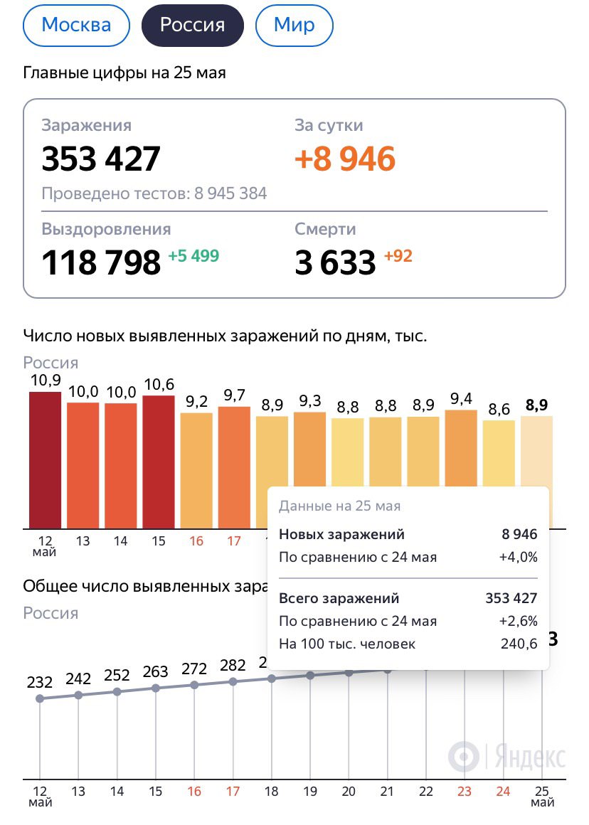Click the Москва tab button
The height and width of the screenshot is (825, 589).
[77, 26]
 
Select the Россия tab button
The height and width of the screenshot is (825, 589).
[193, 26]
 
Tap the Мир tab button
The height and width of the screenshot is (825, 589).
[294, 26]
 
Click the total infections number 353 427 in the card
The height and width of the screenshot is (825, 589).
[101, 159]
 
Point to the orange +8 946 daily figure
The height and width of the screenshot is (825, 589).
[345, 159]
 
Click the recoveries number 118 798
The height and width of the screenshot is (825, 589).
[101, 262]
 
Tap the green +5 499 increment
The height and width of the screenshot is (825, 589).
[193, 256]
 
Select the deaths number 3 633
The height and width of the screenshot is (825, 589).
[335, 262]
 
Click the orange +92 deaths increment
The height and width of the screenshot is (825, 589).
[398, 256]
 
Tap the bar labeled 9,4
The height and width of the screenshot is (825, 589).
[461, 448]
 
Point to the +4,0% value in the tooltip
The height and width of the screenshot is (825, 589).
[519, 557]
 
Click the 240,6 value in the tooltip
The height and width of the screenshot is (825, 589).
[519, 644]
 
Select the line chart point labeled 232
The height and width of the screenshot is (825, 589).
[40, 698]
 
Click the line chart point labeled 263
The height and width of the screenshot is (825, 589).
[156, 688]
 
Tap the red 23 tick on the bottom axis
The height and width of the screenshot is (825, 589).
[465, 792]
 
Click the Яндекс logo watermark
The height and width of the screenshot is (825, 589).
[506, 755]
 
